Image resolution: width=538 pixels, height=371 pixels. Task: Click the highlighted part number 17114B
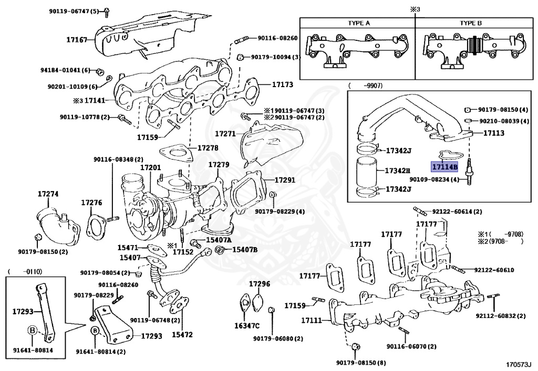coord(444,167)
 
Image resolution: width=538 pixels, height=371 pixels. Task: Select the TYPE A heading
coord(359,24)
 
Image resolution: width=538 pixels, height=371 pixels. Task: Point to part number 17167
coord(77,39)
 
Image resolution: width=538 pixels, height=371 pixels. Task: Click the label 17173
coord(282,84)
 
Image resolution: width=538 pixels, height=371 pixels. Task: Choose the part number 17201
coord(150,167)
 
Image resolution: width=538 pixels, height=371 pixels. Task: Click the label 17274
coord(48,194)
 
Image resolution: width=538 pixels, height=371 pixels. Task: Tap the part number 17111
coord(312,320)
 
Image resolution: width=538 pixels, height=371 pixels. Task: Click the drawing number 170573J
coord(519,364)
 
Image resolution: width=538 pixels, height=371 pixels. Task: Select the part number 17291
coord(284,179)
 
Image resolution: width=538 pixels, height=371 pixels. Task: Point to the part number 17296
coord(260,284)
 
